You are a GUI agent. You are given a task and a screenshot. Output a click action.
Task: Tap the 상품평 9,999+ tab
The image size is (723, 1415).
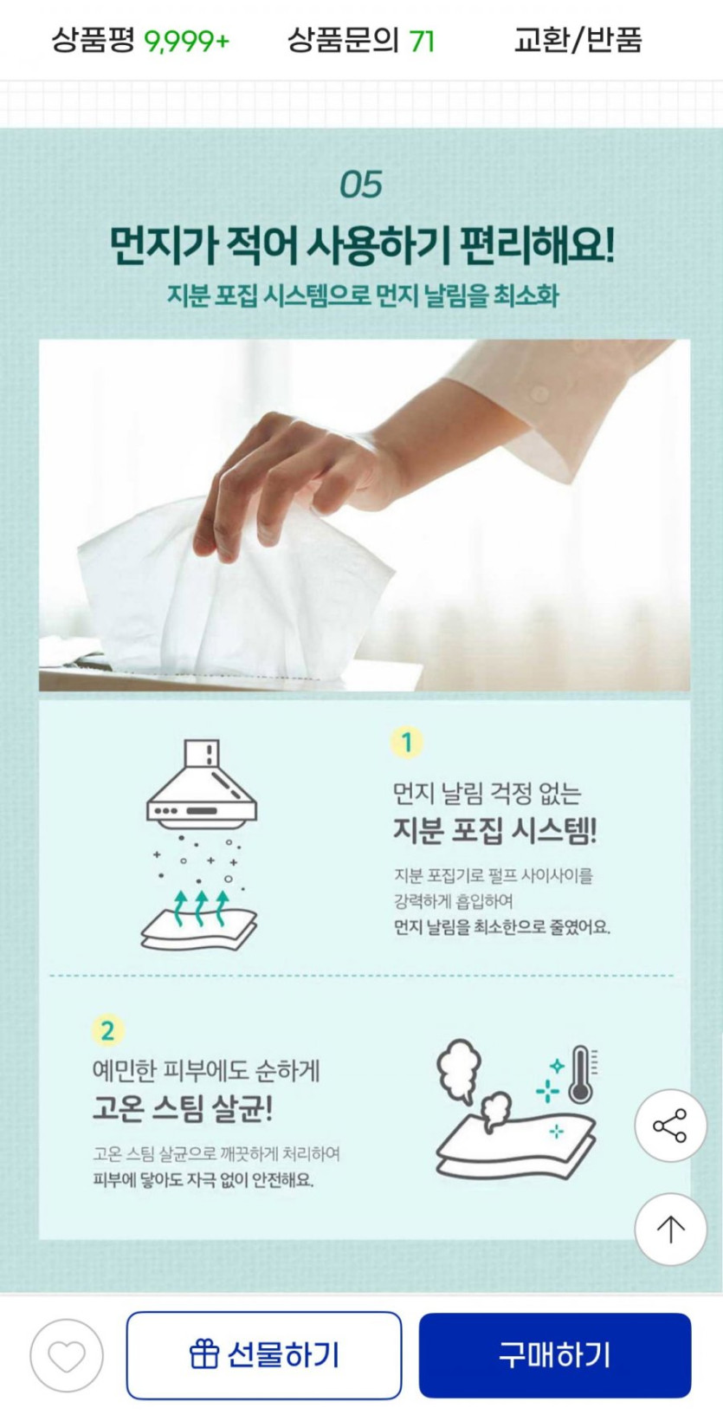(140, 41)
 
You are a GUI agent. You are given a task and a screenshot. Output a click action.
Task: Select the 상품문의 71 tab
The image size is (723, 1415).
(361, 41)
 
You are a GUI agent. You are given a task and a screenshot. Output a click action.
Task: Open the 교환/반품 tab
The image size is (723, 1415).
(578, 41)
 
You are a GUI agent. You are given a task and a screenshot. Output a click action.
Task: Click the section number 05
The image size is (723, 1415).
(361, 185)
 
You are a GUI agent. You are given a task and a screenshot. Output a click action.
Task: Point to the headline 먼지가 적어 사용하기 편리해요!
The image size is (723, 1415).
(362, 244)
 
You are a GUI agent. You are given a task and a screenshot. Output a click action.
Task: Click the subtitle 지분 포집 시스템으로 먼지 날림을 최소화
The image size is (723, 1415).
(363, 295)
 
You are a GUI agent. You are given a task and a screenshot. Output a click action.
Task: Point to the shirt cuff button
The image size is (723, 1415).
(539, 395)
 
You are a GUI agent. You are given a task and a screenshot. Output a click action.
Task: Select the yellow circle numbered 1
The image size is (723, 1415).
(407, 743)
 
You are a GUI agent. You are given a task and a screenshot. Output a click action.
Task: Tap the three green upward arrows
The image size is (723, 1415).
(201, 907)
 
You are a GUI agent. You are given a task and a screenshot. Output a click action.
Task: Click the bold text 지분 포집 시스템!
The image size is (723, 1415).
(494, 830)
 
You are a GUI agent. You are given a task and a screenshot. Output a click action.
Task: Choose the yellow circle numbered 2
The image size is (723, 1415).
(107, 1030)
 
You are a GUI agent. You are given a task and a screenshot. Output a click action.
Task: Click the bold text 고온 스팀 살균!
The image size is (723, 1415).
(183, 1108)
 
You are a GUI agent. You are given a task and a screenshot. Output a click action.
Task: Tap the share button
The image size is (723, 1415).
(670, 1125)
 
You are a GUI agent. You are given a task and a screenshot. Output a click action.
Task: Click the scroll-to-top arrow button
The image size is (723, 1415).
(670, 1229)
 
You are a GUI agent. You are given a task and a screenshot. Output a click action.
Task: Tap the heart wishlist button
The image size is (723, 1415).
(67, 1355)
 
